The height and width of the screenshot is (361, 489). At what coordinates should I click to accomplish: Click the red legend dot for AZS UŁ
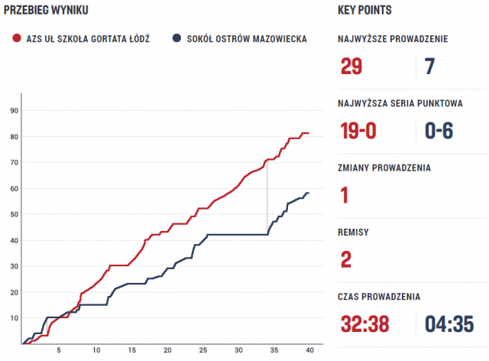coord(17,37)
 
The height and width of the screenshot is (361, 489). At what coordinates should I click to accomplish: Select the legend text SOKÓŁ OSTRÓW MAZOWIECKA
coord(247,37)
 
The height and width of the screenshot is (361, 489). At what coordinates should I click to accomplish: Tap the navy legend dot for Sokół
coord(177,37)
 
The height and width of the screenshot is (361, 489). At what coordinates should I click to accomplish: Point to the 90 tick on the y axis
coord(13,110)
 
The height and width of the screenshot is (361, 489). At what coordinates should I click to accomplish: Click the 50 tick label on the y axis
coord(13,214)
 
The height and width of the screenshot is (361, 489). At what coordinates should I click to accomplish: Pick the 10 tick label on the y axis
coord(13,318)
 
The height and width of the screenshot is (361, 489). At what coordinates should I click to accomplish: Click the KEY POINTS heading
coord(365,10)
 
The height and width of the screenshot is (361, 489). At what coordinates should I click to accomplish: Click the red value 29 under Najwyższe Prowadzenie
coord(351,67)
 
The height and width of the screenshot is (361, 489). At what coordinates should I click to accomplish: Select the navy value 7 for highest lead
coord(429,67)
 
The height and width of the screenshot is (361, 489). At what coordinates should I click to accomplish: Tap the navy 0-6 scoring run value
coord(439,131)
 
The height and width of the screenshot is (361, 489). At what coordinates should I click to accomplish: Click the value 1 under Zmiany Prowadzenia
coord(345,195)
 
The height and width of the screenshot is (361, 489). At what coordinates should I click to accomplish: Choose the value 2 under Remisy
coord(346,259)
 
